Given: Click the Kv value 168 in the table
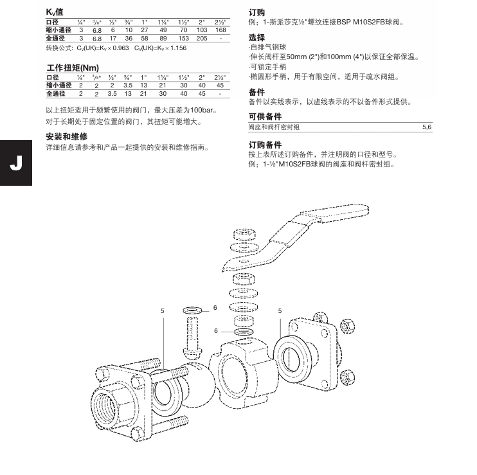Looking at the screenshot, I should [221, 30].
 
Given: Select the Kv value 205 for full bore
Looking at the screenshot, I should [201, 39].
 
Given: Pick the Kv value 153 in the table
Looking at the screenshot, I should [183, 39].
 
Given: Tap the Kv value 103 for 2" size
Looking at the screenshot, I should [201, 30].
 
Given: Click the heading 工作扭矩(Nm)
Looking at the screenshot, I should [73, 67].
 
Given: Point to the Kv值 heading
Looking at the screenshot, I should [55, 13].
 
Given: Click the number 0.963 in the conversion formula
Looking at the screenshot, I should [120, 48].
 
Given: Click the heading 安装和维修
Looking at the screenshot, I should [66, 137].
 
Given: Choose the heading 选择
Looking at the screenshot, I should [256, 37].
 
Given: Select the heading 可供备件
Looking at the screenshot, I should [265, 116].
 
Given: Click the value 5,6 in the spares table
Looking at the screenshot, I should [426, 128].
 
